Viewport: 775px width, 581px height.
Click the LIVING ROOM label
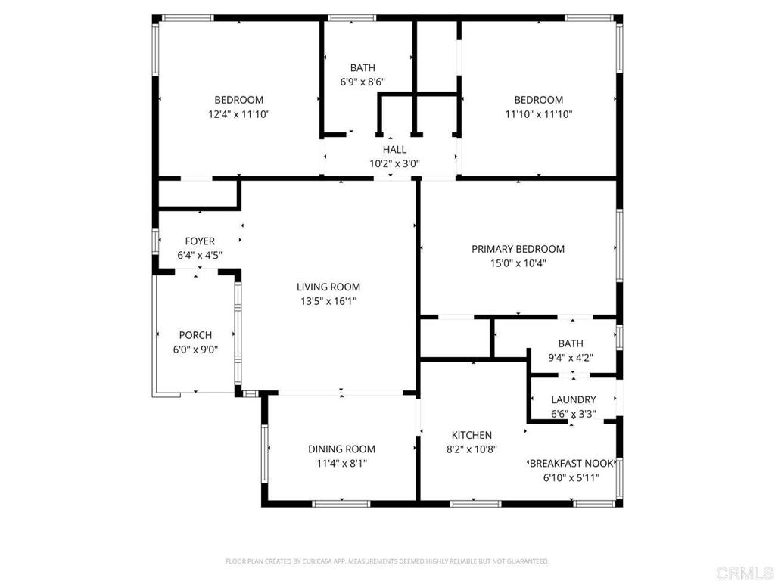click(328, 287)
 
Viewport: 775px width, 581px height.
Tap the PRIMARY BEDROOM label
click(518, 249)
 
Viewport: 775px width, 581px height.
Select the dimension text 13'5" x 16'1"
click(328, 301)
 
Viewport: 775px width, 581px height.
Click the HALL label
click(394, 150)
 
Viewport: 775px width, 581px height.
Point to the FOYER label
click(200, 241)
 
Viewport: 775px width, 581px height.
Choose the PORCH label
click(195, 335)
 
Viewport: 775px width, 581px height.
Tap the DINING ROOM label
click(341, 449)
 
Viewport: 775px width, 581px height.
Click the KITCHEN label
click(472, 435)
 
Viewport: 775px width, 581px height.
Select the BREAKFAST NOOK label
click(571, 464)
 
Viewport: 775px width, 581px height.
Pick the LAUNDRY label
click(574, 399)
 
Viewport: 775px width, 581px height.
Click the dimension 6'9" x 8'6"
click(363, 82)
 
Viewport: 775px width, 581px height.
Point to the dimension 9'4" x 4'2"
click(571, 358)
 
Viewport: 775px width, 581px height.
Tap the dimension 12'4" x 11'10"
click(238, 115)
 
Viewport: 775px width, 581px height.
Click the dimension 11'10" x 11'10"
click(538, 115)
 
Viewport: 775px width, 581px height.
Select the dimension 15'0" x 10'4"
click(518, 263)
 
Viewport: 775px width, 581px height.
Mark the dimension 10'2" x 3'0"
click(394, 164)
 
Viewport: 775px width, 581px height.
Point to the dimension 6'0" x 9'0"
click(195, 350)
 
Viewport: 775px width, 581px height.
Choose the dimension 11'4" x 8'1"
click(341, 464)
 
